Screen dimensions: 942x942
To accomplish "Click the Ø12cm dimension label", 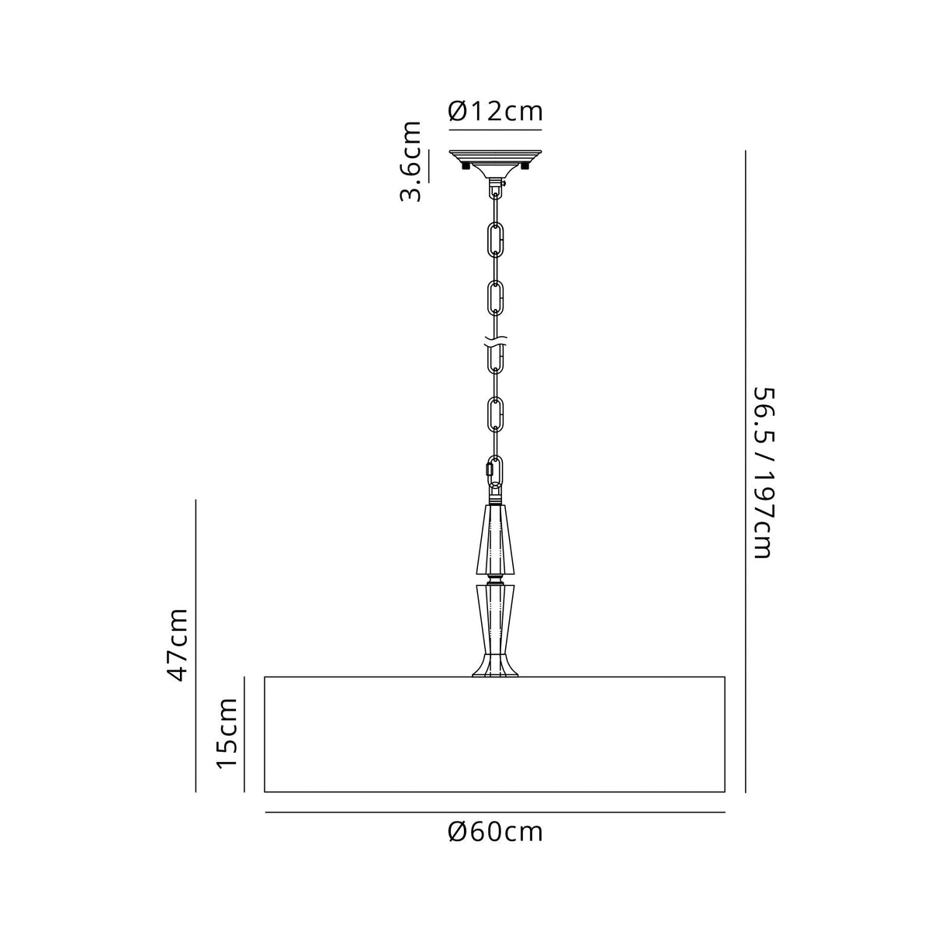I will (x=495, y=112).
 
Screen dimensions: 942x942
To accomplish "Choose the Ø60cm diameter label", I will (x=495, y=833).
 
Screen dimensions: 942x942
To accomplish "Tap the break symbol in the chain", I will (x=495, y=341).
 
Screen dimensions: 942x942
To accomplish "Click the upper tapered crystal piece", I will (x=495, y=539).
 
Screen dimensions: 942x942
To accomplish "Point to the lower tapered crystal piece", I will (x=495, y=621).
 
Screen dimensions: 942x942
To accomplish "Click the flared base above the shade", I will (x=495, y=668).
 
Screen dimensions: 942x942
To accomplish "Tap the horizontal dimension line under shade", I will (x=495, y=812).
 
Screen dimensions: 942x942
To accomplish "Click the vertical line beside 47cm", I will (x=196, y=644).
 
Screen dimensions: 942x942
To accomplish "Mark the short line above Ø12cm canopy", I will (x=495, y=130).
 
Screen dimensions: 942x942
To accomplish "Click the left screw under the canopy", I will (x=464, y=165).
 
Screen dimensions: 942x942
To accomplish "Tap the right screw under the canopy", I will (x=526, y=165).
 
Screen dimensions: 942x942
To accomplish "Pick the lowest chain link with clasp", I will (x=494, y=470).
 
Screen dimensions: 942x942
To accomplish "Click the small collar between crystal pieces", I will (x=495, y=579).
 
